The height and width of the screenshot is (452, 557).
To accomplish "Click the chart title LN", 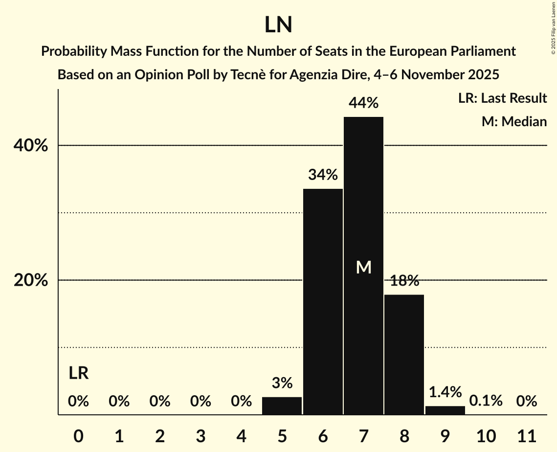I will coord(278,25).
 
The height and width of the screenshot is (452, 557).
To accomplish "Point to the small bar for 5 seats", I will coord(282,406).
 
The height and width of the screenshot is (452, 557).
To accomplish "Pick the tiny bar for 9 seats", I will coord(445,410).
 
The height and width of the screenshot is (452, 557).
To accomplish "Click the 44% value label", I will coord(363,103).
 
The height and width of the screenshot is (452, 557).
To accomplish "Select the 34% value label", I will coord(323,175).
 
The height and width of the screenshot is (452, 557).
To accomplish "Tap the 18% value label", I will coord(404,281).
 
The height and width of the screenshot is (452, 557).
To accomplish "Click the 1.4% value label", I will coord(445,392).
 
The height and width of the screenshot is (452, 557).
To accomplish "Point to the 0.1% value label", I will coord(486,401).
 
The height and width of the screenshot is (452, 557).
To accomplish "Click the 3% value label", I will coord(282,383).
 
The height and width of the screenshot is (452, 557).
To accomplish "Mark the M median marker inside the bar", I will coord(363,267).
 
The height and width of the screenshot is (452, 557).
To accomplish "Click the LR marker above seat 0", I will coord(78,374).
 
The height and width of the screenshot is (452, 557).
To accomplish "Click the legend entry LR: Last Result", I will coord(502,98).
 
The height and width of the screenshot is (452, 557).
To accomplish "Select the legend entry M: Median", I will coord(514,121).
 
